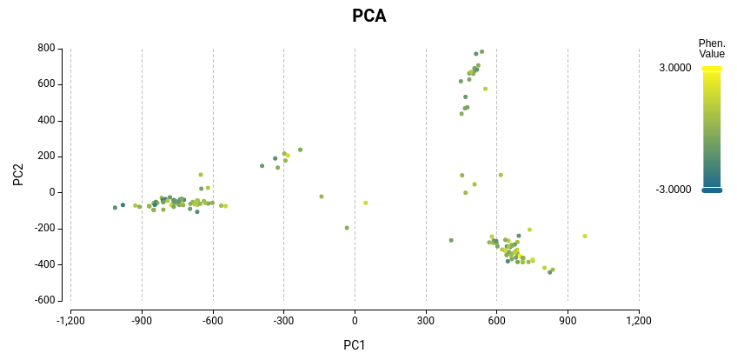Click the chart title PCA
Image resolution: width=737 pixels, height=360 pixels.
tap(368, 16)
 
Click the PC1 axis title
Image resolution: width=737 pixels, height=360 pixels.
tap(355, 345)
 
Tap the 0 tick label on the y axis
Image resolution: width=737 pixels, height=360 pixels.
tap(52, 192)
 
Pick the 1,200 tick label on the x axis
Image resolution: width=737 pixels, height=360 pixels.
tap(639, 321)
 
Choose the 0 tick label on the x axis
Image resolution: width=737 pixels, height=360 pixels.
tap(355, 321)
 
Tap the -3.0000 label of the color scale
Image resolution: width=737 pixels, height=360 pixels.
tap(674, 190)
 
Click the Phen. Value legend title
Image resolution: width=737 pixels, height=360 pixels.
tap(712, 49)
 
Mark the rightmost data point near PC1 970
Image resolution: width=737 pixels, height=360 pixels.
tap(585, 236)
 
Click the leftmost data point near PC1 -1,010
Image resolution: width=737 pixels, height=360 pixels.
tap(115, 208)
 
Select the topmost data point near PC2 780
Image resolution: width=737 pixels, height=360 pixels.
tap(481, 51)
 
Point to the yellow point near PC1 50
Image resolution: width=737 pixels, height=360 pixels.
tap(366, 203)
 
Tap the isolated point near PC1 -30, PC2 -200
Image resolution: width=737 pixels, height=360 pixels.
tap(347, 228)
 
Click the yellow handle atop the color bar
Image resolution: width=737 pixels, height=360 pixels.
tap(712, 69)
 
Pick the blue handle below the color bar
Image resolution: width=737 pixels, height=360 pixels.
tap(712, 190)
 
